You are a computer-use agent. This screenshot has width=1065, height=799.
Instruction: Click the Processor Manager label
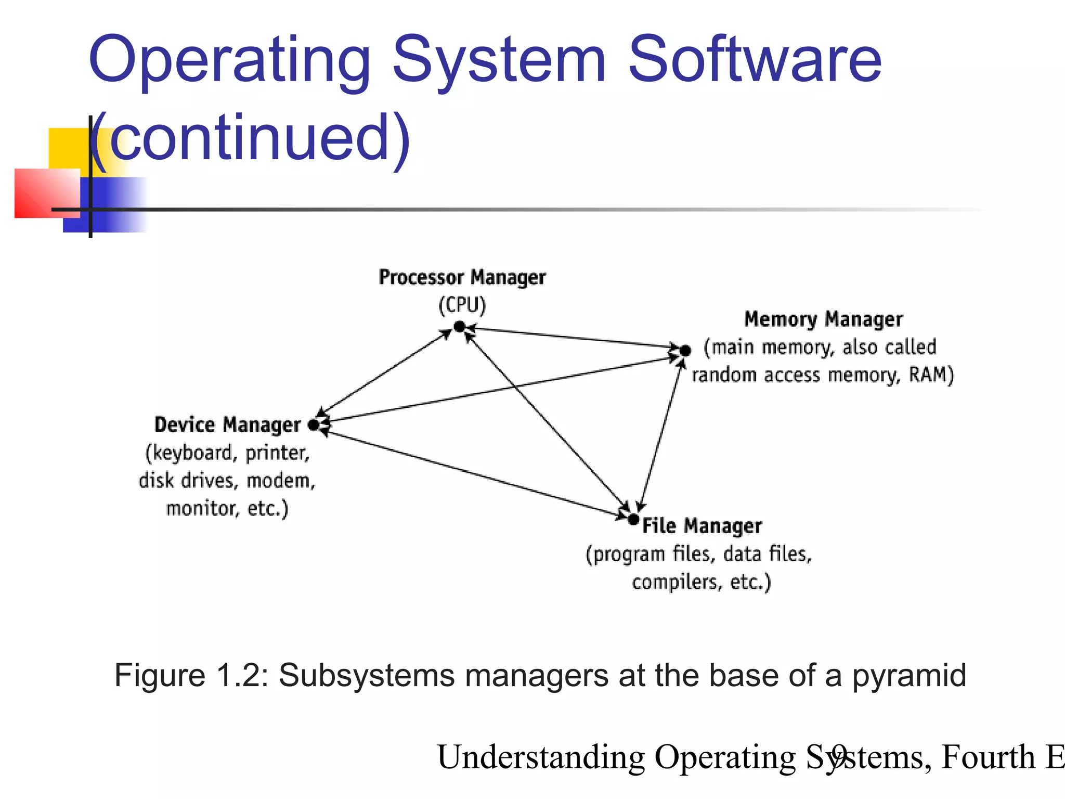(462, 277)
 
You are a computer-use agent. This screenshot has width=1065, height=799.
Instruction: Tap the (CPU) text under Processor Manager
(462, 305)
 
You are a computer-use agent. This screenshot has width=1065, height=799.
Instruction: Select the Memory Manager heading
(824, 319)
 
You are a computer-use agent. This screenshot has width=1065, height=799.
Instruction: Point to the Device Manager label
(228, 425)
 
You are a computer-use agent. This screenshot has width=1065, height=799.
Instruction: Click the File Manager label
(702, 526)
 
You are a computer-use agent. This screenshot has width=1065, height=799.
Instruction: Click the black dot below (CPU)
(459, 327)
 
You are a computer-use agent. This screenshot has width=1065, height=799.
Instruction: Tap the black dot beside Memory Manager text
(685, 351)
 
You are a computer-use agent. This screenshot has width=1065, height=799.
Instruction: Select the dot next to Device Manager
(313, 425)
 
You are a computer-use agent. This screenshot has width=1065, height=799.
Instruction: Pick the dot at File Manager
(633, 519)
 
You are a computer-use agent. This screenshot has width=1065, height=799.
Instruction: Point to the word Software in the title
(755, 60)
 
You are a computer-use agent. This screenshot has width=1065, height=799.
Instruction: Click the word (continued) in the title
(250, 138)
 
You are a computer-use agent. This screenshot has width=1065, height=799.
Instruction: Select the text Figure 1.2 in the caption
(190, 676)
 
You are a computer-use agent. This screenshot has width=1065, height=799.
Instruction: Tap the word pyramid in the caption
(909, 676)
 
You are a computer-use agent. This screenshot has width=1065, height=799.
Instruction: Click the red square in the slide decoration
(47, 193)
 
